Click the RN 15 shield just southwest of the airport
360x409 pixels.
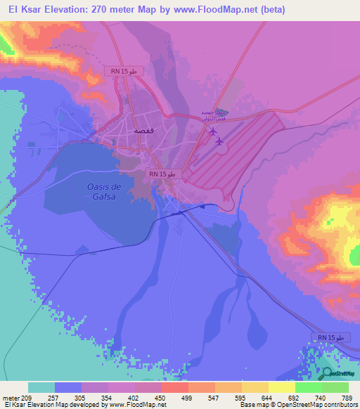pyautogui.click(x=165, y=174)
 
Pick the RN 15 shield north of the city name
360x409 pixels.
pyautogui.click(x=127, y=71)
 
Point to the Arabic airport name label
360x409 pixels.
pyautogui.click(x=210, y=115)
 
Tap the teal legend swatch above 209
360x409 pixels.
pyautogui.click(x=41, y=387)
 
